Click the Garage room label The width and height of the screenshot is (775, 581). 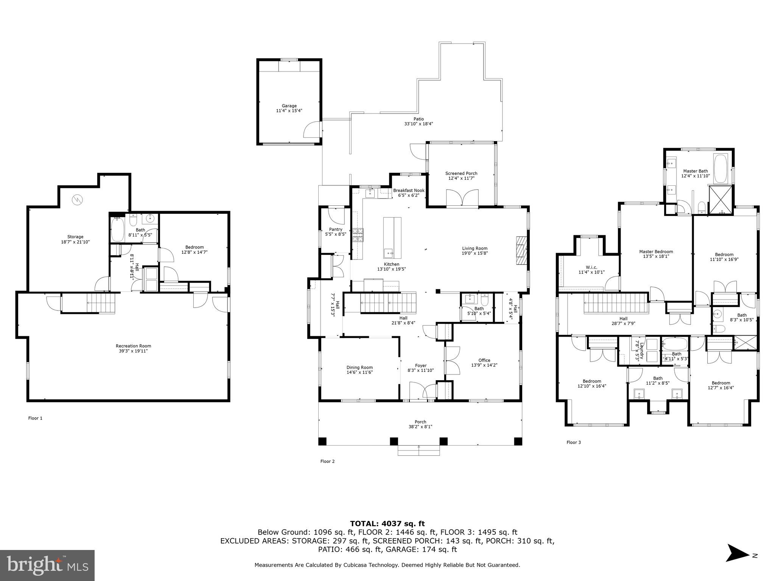pos(289,106)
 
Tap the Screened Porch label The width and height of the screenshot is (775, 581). pos(461,173)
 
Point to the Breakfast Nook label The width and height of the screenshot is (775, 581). pos(409,190)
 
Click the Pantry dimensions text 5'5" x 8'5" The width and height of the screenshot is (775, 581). pos(336,234)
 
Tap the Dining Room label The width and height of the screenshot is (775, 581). pos(359,367)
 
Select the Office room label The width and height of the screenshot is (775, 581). pos(484,360)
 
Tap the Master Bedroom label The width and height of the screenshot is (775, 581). pos(656,252)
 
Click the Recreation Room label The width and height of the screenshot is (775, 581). pos(133,346)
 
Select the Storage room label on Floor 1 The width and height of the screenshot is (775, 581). pos(75,237)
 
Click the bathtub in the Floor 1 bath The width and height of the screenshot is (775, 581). pos(118,230)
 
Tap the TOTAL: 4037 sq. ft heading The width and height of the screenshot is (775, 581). pos(387,524)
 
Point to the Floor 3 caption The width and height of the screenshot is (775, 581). pos(573,442)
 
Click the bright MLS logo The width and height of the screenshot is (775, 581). pos(47,565)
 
